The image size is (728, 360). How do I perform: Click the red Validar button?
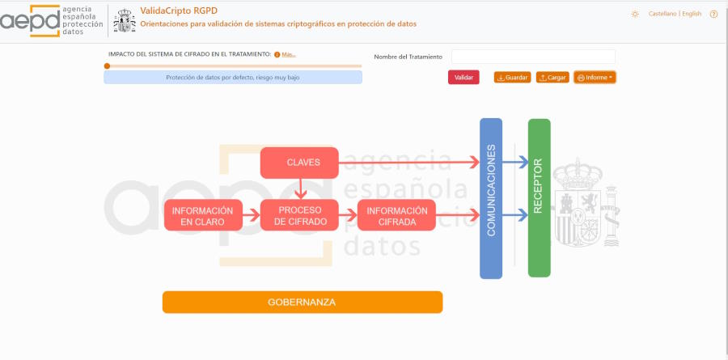[463, 78]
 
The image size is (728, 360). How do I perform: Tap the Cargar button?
[552, 78]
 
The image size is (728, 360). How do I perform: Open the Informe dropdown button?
[595, 78]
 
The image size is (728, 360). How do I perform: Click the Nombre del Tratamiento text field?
[534, 57]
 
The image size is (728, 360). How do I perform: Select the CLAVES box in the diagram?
[299, 163]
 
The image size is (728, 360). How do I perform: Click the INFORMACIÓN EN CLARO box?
[203, 215]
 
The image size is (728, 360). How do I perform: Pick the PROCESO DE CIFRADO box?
[299, 215]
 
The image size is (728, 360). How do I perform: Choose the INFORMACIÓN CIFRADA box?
[396, 215]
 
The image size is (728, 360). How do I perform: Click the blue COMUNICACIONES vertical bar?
[491, 198]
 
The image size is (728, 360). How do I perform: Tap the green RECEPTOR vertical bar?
[539, 198]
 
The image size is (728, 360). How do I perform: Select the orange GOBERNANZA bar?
[303, 303]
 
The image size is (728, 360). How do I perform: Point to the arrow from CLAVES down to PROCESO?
[301, 188]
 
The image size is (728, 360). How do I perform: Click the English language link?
[692, 14]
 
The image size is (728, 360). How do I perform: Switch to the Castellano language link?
[662, 14]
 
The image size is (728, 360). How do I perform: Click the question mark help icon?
[713, 14]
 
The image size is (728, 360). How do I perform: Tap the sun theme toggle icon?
[635, 14]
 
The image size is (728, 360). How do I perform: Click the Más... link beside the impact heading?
[289, 54]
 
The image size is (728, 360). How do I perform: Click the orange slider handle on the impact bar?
[107, 66]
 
